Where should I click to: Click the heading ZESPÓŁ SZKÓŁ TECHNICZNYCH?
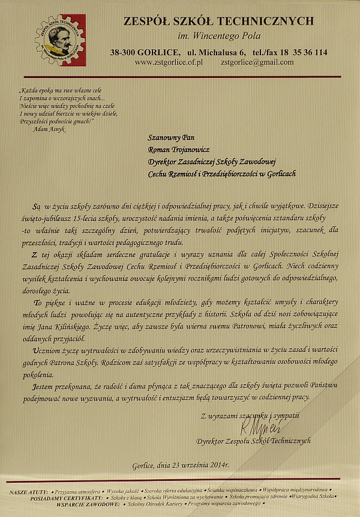coord(218,22)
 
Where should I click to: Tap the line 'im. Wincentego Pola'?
coord(218,38)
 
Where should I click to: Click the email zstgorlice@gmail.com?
coord(257,62)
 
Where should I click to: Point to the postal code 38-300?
coord(122,52)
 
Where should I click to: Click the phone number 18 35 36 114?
coord(303,52)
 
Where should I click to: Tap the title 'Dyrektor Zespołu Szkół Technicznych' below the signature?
coord(254,440)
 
